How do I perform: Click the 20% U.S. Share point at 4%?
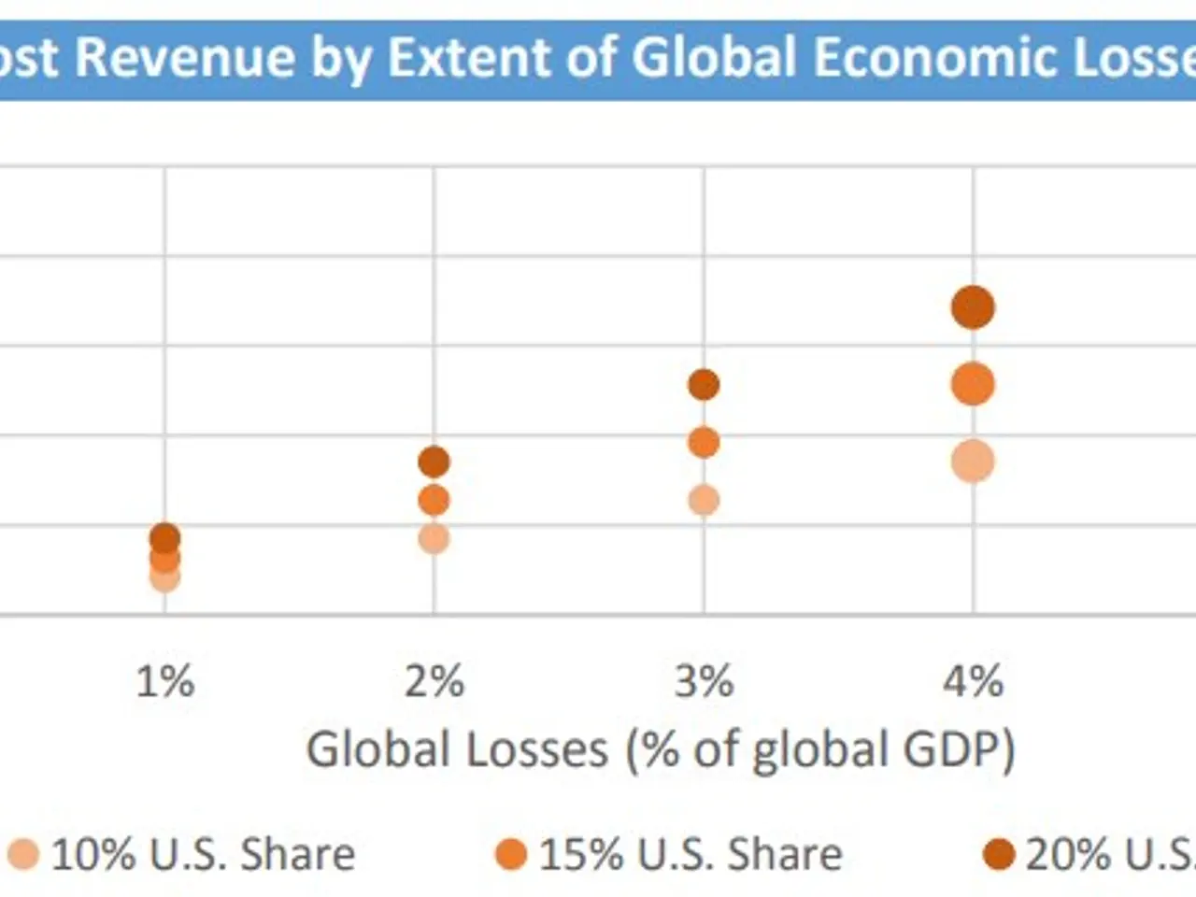coord(973,307)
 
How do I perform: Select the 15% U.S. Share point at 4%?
coord(973,384)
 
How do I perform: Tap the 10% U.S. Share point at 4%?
coord(973,462)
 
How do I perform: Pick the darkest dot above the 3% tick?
coord(704,384)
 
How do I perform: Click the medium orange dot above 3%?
coord(704,443)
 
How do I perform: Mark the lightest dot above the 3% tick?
coord(704,501)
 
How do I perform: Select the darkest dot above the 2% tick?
coord(434,462)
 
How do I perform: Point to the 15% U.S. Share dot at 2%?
coord(434,501)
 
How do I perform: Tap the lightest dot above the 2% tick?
coord(434,538)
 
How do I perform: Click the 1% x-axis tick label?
coord(165,681)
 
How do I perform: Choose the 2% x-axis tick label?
coord(434,681)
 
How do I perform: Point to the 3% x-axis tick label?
coord(704,681)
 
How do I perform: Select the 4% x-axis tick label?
coord(973,681)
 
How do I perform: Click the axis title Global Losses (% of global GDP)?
coord(661,749)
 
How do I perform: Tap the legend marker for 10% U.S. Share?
coord(23,854)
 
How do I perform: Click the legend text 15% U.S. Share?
coord(691,854)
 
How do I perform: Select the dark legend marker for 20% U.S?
coord(999,854)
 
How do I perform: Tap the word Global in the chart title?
coord(714,58)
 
